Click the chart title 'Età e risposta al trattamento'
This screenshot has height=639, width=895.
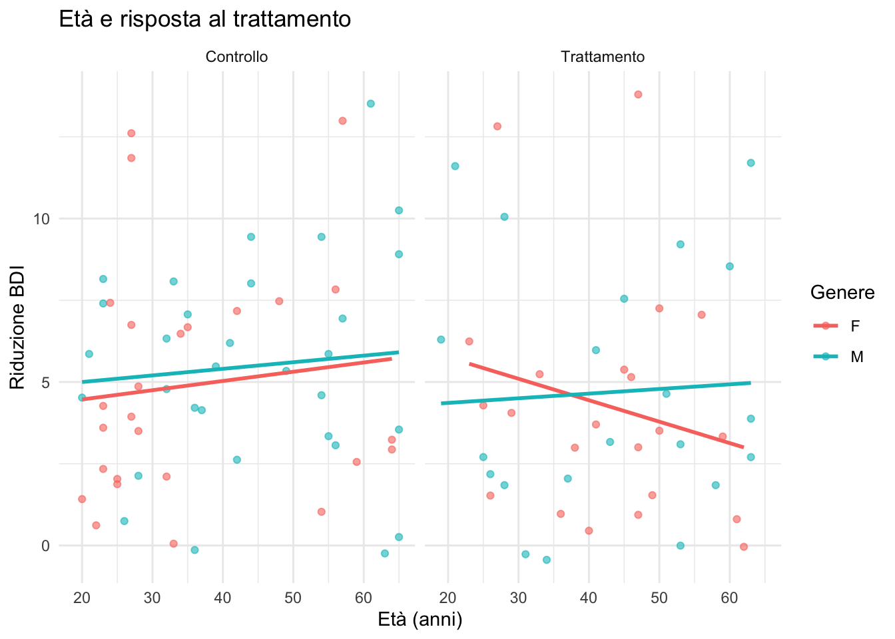(x=204, y=19)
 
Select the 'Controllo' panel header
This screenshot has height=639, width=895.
(x=236, y=57)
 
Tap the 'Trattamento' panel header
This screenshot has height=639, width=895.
(x=603, y=57)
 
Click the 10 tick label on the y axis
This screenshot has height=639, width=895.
(x=42, y=219)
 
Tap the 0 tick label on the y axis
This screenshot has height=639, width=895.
(x=46, y=546)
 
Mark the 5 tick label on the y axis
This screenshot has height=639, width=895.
(x=46, y=382)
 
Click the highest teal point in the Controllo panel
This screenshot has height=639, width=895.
(x=371, y=103)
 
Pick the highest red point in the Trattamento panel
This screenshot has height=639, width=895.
(x=638, y=95)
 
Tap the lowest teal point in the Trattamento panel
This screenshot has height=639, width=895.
(x=547, y=560)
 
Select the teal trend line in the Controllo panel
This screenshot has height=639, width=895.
(x=240, y=367)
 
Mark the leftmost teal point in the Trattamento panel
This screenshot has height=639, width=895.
(x=441, y=339)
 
